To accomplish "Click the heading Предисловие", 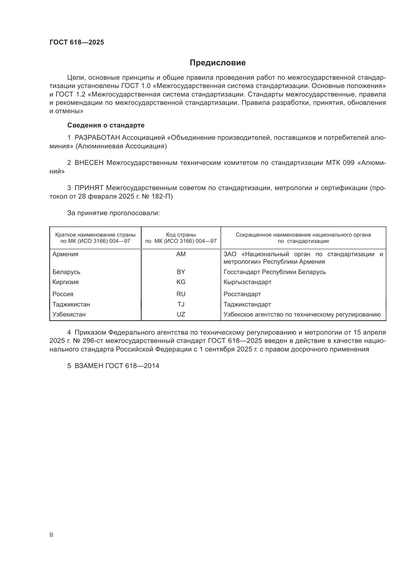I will coord(218,63).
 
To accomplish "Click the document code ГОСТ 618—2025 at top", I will coord(77,42).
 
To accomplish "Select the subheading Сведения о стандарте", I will coord(106,125).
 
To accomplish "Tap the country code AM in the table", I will coord(181,254).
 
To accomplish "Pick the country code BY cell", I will coord(181,272).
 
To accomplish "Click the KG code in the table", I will coord(181,282).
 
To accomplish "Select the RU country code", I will coord(181,294).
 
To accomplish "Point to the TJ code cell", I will coord(181,304).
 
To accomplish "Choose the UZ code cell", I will coord(181,314).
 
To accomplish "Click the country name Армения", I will coord(65,254).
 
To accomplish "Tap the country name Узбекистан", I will coord(69,314).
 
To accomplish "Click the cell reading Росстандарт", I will coord(242,294).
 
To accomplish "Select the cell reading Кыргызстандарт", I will coord(247,282).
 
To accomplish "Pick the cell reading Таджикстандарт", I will coord(247,304).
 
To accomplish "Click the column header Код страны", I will coord(181,235).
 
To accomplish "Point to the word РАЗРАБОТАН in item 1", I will coord(97,138).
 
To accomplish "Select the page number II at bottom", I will coord(51,535).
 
